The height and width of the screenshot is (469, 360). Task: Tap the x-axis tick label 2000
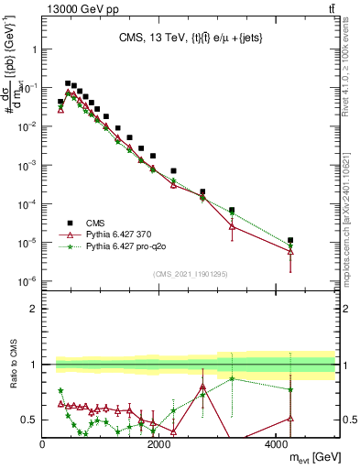[159, 446]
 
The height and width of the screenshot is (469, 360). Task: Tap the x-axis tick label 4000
[276, 446]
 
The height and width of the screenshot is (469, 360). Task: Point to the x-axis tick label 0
[43, 446]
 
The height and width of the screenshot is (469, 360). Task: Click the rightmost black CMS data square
[290, 240]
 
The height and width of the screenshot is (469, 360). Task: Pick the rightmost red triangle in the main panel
[290, 251]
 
